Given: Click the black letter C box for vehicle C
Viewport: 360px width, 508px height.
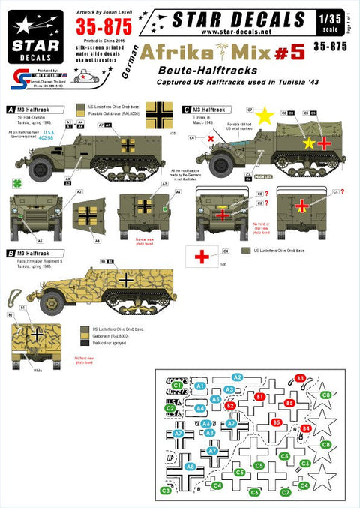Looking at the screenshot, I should pos(186,109).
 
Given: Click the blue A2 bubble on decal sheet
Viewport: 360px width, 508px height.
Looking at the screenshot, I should pos(237,377).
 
